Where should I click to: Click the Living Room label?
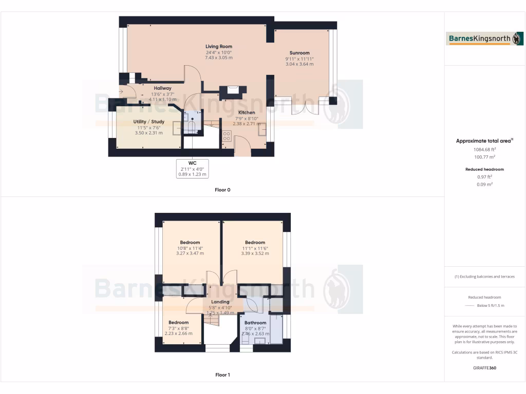(x=219, y=46)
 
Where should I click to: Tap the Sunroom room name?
(x=299, y=53)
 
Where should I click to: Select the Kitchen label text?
(x=246, y=112)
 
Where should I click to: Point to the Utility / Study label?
(x=148, y=122)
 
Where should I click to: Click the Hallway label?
(x=162, y=88)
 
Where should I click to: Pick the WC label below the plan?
(x=192, y=163)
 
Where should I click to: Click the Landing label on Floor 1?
(x=220, y=302)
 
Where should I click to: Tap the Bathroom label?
(x=255, y=323)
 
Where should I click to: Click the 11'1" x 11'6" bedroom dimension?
(x=255, y=248)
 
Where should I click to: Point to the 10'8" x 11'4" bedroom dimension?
(x=190, y=248)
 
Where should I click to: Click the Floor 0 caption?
(x=222, y=190)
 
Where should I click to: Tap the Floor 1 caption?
(x=222, y=375)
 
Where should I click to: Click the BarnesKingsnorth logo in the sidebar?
(x=485, y=38)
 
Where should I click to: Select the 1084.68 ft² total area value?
(x=485, y=150)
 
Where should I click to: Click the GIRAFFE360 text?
(x=485, y=368)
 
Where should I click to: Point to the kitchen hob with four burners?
(x=227, y=136)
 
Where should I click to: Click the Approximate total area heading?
(x=484, y=141)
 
